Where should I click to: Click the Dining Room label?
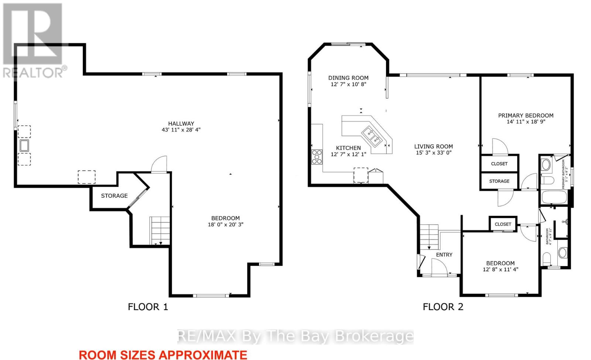pos(348,78)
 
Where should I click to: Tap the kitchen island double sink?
pos(372,136)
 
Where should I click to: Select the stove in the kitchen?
pos(317,157)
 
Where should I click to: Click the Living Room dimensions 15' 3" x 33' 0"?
pos(434,153)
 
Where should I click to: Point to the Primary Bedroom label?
pos(526,115)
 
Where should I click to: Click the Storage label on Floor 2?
pos(499,181)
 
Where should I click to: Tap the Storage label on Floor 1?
pos(114,196)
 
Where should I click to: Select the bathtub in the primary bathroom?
pos(554,197)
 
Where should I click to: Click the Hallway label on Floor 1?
pos(181,123)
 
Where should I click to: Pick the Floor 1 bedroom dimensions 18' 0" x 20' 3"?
pos(226,224)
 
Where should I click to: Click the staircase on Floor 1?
pos(160,231)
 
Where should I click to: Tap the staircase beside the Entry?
pos(429,237)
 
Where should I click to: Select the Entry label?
pos(444,255)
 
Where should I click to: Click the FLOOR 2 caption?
pos(443,307)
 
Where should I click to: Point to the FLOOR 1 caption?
pos(148,307)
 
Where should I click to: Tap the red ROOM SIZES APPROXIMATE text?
pos(163,355)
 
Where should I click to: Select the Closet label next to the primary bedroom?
pos(499,164)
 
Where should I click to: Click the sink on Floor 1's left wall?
pos(24,146)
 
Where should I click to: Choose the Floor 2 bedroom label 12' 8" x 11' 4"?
pos(501,266)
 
